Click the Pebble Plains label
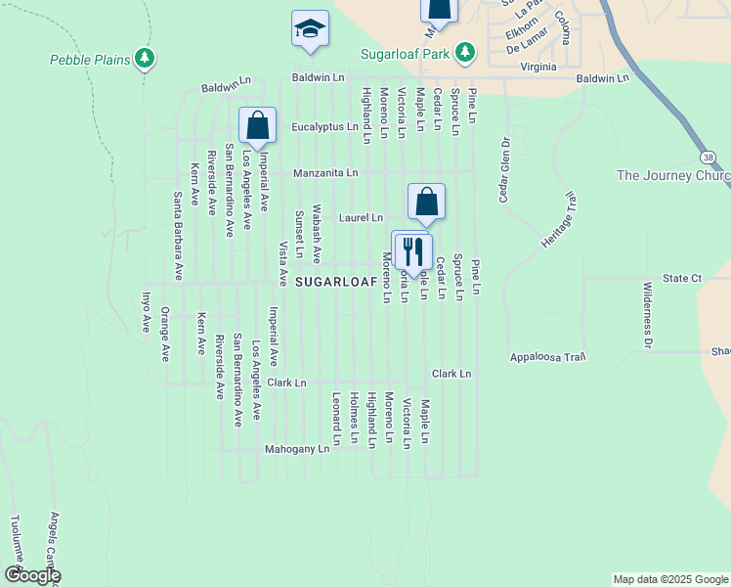pos(90,60)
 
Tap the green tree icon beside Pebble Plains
pos(146,60)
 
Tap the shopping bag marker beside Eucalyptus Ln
pos(257,126)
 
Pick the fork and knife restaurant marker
pos(411,250)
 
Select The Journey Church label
pos(673,176)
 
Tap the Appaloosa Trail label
pos(547,357)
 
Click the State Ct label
pos(682,279)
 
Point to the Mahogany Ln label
pos(297,449)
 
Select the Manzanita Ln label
pos(326,172)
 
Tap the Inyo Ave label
pos(147,311)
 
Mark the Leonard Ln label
pos(335,419)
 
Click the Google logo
pos(31,575)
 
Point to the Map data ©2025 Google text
pos(669,579)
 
